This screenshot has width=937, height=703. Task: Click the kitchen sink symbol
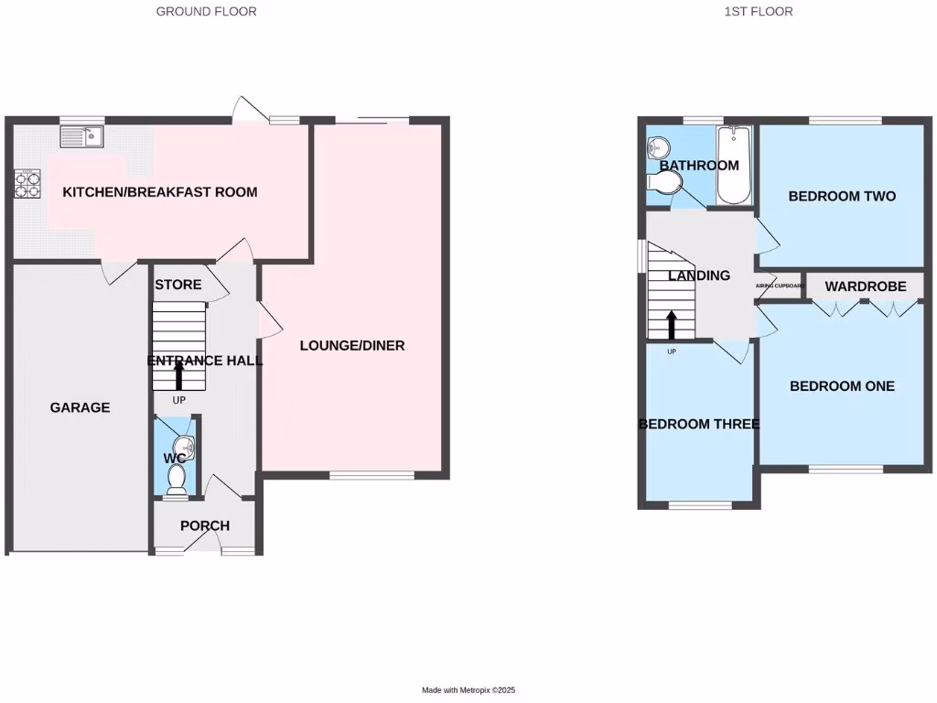(x=82, y=137)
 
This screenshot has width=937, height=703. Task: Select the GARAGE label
(x=80, y=407)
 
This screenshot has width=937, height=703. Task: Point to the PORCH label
(x=204, y=525)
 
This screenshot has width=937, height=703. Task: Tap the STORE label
(x=178, y=285)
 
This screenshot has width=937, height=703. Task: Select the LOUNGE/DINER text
(x=352, y=346)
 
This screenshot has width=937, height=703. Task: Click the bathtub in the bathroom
(x=733, y=166)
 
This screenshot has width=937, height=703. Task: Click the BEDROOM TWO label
(x=842, y=196)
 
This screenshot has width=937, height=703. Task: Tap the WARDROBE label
(x=865, y=287)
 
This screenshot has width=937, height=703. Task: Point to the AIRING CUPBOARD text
(x=780, y=287)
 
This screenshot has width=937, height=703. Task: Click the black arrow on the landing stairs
(x=672, y=324)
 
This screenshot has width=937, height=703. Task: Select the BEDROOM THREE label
(x=699, y=424)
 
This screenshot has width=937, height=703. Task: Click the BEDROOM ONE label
(x=842, y=386)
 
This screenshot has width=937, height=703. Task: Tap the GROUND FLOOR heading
(x=206, y=12)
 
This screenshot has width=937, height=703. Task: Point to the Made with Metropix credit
(x=475, y=690)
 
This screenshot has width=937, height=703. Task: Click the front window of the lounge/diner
(x=371, y=475)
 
